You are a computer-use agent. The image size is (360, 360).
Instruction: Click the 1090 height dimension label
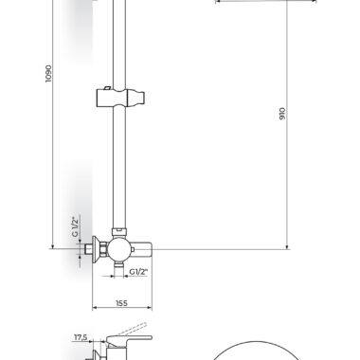(x=48, y=74)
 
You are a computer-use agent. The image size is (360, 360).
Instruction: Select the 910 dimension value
(x=282, y=114)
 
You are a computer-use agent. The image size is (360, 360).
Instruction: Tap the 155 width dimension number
(x=121, y=303)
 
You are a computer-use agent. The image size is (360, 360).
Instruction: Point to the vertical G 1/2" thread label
(x=75, y=226)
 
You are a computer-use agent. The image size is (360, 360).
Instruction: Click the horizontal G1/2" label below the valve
(x=138, y=272)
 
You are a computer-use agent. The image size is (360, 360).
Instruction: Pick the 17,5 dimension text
(x=81, y=337)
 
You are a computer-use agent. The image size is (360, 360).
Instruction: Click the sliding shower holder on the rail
(x=120, y=98)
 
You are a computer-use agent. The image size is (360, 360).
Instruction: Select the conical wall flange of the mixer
(x=96, y=249)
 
